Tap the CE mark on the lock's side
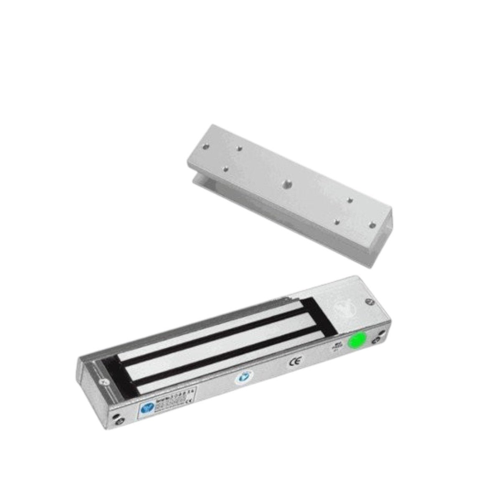click(x=294, y=362)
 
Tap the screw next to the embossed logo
click(x=368, y=301)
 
